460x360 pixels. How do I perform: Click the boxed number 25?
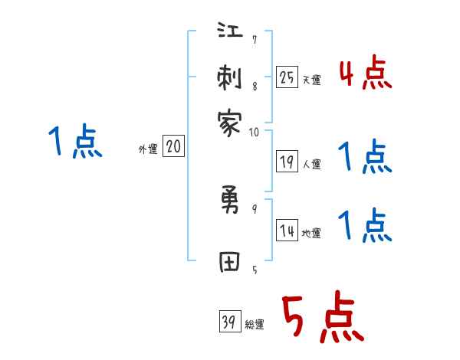[287, 77]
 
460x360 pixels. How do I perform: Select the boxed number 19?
[287, 161]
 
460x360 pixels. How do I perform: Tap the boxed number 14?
[287, 231]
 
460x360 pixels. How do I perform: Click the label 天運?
[311, 80]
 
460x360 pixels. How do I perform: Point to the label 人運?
[311, 164]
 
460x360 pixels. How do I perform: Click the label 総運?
[254, 325]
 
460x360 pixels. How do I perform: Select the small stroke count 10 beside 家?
[254, 132]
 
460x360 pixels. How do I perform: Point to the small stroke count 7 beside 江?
[254, 40]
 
